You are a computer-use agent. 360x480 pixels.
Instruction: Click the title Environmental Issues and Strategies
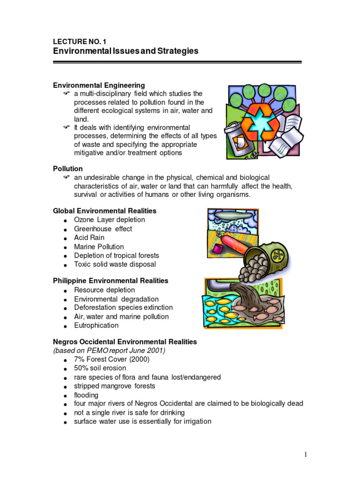(x=125, y=51)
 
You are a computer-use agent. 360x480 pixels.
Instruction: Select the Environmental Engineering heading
(x=99, y=85)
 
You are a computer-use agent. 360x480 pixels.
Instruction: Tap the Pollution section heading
(x=67, y=168)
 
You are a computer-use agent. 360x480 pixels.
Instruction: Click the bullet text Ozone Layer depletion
(x=109, y=220)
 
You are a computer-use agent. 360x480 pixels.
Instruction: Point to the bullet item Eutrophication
(x=96, y=325)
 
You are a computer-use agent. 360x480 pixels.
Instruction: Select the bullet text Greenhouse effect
(x=103, y=229)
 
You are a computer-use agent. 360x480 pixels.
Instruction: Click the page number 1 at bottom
(x=305, y=454)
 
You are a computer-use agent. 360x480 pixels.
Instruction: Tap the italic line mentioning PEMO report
(x=109, y=351)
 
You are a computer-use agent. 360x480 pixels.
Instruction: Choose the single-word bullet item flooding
(x=86, y=395)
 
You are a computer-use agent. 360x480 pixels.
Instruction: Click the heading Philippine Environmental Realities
(x=110, y=281)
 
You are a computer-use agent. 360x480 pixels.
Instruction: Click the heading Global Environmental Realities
(x=105, y=211)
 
